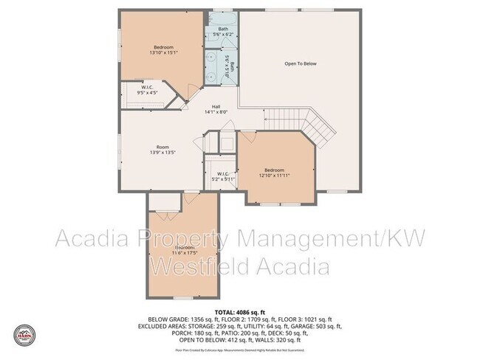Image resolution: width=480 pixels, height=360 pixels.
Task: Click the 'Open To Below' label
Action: pyautogui.click(x=301, y=64)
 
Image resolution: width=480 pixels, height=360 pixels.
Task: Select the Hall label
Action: pyautogui.click(x=216, y=106)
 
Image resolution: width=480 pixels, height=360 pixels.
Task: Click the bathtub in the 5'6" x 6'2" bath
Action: pyautogui.click(x=222, y=18)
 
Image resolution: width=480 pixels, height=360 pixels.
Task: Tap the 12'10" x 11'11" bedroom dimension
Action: pyautogui.click(x=275, y=176)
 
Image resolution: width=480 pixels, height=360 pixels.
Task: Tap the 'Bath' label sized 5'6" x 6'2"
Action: pyautogui.click(x=222, y=29)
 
